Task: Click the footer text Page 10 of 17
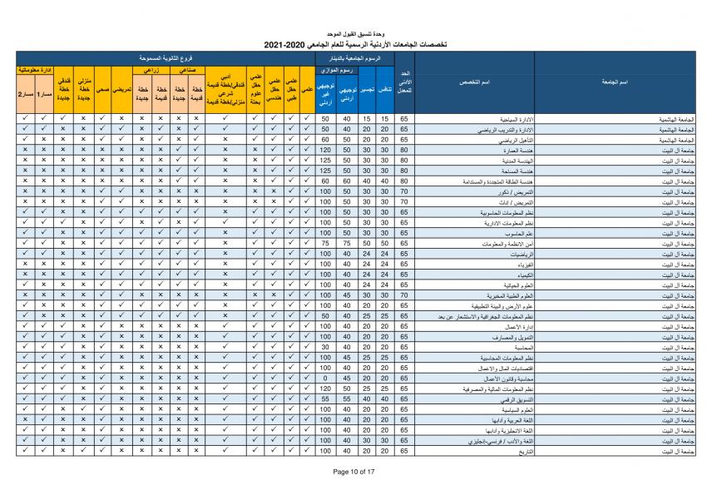[x=353, y=471]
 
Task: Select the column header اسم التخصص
[x=474, y=82]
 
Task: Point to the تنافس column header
[x=385, y=88]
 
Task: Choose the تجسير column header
[x=367, y=88]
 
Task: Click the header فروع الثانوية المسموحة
[x=166, y=60]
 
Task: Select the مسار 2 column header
[x=25, y=94]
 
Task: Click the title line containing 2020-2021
[x=353, y=43]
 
